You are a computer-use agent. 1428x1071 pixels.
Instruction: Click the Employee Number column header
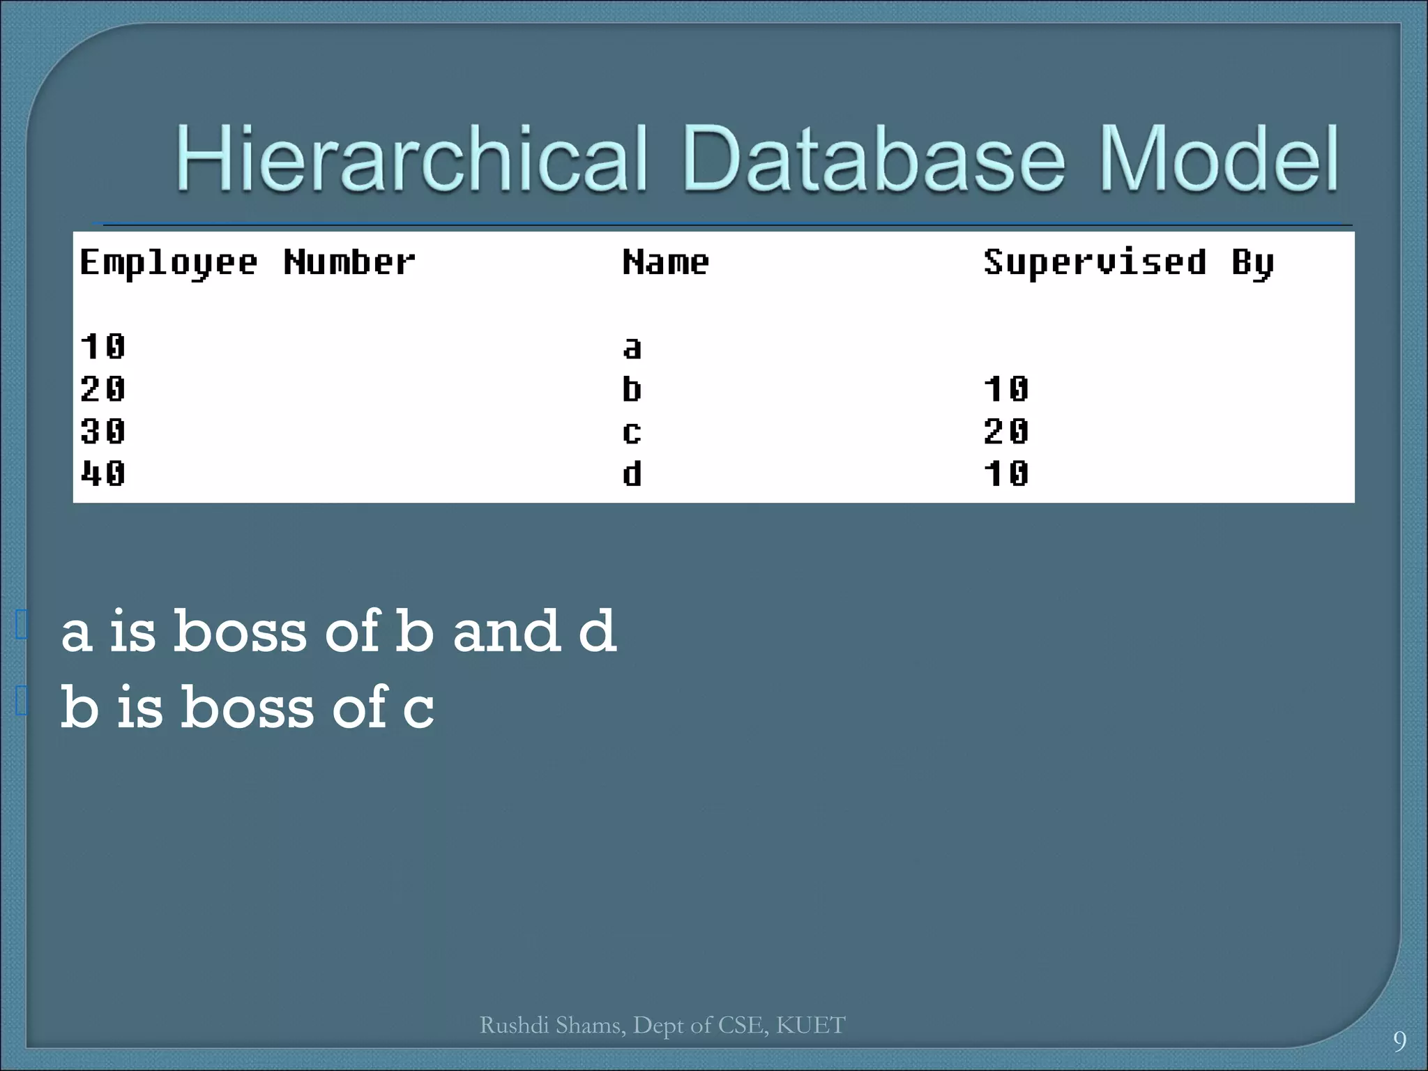(248, 264)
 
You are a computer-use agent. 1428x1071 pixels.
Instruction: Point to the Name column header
(666, 263)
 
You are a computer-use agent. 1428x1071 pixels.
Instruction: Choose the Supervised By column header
(1129, 264)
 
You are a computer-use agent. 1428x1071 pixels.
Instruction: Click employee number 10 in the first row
(103, 347)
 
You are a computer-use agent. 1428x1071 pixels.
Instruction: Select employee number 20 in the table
(103, 389)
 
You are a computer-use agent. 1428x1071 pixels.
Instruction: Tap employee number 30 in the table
(103, 432)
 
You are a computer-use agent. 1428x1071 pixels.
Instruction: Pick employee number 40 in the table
(103, 474)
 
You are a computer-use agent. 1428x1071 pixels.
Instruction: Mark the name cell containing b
(632, 389)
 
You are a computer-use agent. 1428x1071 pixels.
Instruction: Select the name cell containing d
(632, 474)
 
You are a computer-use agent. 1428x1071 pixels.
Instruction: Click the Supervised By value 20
(1006, 432)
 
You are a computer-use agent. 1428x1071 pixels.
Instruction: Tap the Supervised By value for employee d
(1006, 474)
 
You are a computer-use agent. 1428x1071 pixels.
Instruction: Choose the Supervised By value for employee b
(1006, 389)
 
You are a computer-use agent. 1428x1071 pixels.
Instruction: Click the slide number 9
(1399, 1041)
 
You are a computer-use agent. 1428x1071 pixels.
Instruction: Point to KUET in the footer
(810, 1025)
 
